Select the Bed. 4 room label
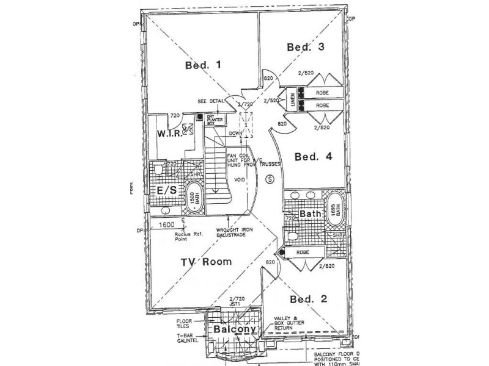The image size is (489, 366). click(x=313, y=157)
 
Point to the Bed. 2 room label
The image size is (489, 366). click(x=309, y=299)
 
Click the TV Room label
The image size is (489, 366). click(x=205, y=262)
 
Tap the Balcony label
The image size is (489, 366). click(x=233, y=328)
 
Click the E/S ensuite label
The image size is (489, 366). click(x=166, y=190)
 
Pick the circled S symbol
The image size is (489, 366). click(x=271, y=179)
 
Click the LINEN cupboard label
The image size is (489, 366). click(x=292, y=99)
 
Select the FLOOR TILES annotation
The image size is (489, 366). click(x=186, y=323)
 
